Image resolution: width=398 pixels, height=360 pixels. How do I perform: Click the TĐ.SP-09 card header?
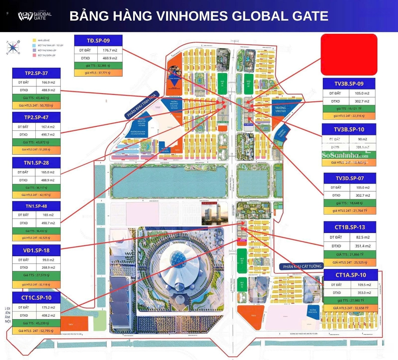98,40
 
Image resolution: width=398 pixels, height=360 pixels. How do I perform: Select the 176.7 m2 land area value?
109,50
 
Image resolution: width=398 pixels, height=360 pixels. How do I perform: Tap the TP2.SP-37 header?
36,73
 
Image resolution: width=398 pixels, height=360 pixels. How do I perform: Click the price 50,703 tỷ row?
36,105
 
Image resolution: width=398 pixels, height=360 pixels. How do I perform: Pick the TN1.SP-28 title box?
36,162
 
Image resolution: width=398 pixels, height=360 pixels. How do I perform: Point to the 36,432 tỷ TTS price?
36,231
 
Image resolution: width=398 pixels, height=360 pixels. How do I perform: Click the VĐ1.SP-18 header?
36,250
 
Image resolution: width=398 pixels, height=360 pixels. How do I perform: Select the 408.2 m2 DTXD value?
48,315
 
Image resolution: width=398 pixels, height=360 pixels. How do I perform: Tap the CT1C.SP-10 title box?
36,297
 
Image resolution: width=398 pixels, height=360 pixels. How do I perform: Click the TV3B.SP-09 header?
349,84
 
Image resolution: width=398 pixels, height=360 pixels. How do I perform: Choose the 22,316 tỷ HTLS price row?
349,116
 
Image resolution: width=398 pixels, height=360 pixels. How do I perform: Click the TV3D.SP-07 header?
350,178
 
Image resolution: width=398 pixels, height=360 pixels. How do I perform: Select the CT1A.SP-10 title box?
350,275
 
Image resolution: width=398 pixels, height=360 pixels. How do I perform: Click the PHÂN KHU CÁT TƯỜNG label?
301,266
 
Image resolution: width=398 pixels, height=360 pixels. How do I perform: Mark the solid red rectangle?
349,55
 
